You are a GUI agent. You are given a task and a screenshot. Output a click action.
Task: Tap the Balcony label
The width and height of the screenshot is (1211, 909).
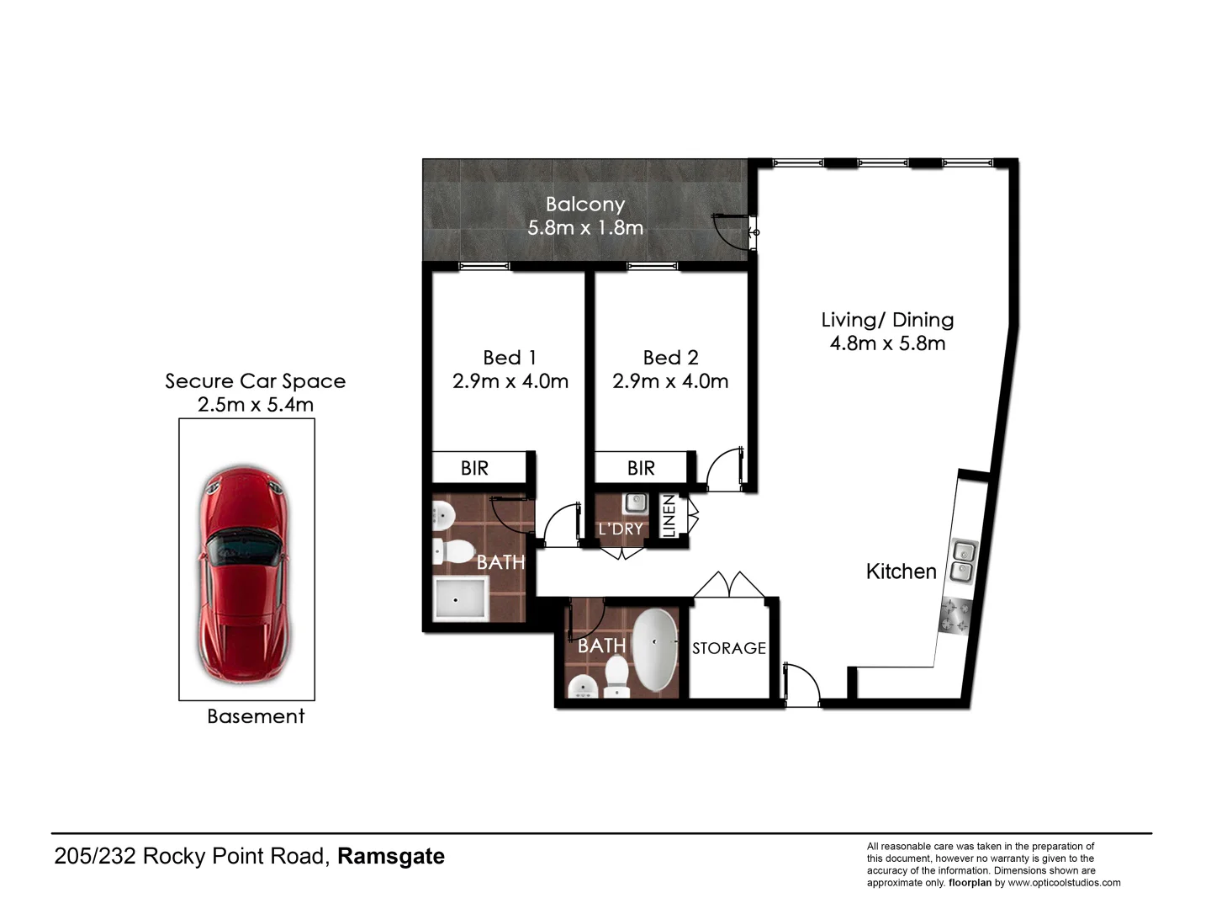tap(585, 205)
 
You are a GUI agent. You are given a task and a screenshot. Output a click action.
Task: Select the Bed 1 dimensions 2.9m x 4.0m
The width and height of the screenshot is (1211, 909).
tap(510, 381)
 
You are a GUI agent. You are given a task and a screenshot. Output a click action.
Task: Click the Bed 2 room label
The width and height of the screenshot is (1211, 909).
tap(670, 358)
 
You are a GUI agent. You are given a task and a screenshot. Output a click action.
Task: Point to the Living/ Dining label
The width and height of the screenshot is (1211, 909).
tap(887, 320)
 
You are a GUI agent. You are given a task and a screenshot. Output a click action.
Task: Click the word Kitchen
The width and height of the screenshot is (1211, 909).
tap(901, 571)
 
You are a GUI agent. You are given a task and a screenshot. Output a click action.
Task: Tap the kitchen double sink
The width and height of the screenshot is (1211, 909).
tap(962, 562)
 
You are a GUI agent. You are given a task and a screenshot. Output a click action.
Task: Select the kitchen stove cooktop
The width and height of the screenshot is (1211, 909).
tap(955, 614)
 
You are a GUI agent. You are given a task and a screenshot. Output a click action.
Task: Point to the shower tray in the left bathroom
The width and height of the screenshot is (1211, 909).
tap(460, 599)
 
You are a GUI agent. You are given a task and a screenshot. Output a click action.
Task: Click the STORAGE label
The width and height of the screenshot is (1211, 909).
tap(729, 648)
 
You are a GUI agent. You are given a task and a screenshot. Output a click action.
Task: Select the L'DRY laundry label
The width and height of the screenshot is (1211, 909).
tap(621, 529)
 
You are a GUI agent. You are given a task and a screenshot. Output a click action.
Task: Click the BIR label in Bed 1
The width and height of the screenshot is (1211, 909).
tap(474, 468)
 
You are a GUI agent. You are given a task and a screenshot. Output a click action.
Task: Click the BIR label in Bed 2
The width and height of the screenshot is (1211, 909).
tap(641, 468)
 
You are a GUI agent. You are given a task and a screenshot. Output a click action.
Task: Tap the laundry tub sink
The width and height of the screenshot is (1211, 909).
tap(633, 504)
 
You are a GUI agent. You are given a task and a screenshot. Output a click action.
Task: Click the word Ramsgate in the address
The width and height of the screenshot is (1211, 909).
tap(391, 857)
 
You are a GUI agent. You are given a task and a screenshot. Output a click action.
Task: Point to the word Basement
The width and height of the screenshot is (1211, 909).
tap(256, 716)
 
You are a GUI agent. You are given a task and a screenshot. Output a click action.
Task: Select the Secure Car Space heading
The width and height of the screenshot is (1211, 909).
tap(255, 381)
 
